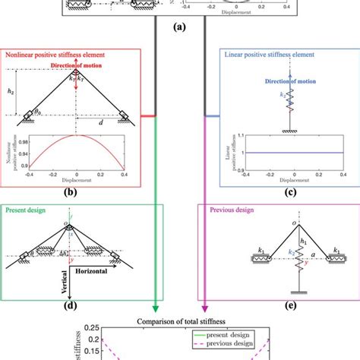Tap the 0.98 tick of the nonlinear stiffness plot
[x=27, y=140]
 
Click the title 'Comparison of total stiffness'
[x=181, y=321]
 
